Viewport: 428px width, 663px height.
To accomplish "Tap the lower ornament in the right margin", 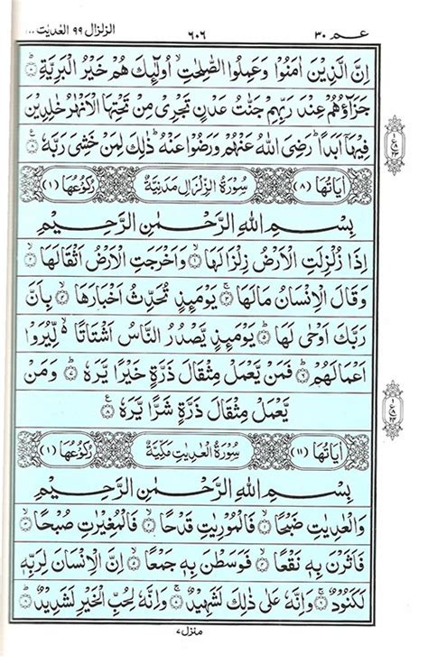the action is click(x=409, y=394).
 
